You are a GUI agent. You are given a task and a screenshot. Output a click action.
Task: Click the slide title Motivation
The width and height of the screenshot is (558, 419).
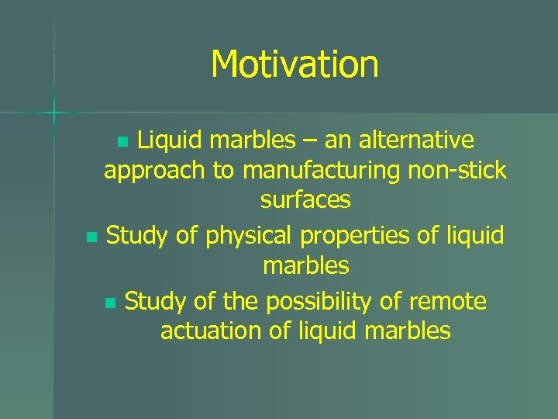tap(294, 64)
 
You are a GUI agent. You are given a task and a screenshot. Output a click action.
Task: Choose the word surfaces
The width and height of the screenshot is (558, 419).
tap(305, 200)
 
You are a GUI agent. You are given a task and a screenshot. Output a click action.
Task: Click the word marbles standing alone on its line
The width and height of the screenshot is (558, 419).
tap(305, 265)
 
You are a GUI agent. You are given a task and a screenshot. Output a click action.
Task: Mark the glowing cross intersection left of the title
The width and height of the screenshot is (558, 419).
tap(54, 113)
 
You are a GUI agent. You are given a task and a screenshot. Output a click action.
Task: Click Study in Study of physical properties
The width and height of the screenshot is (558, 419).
tap(136, 234)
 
